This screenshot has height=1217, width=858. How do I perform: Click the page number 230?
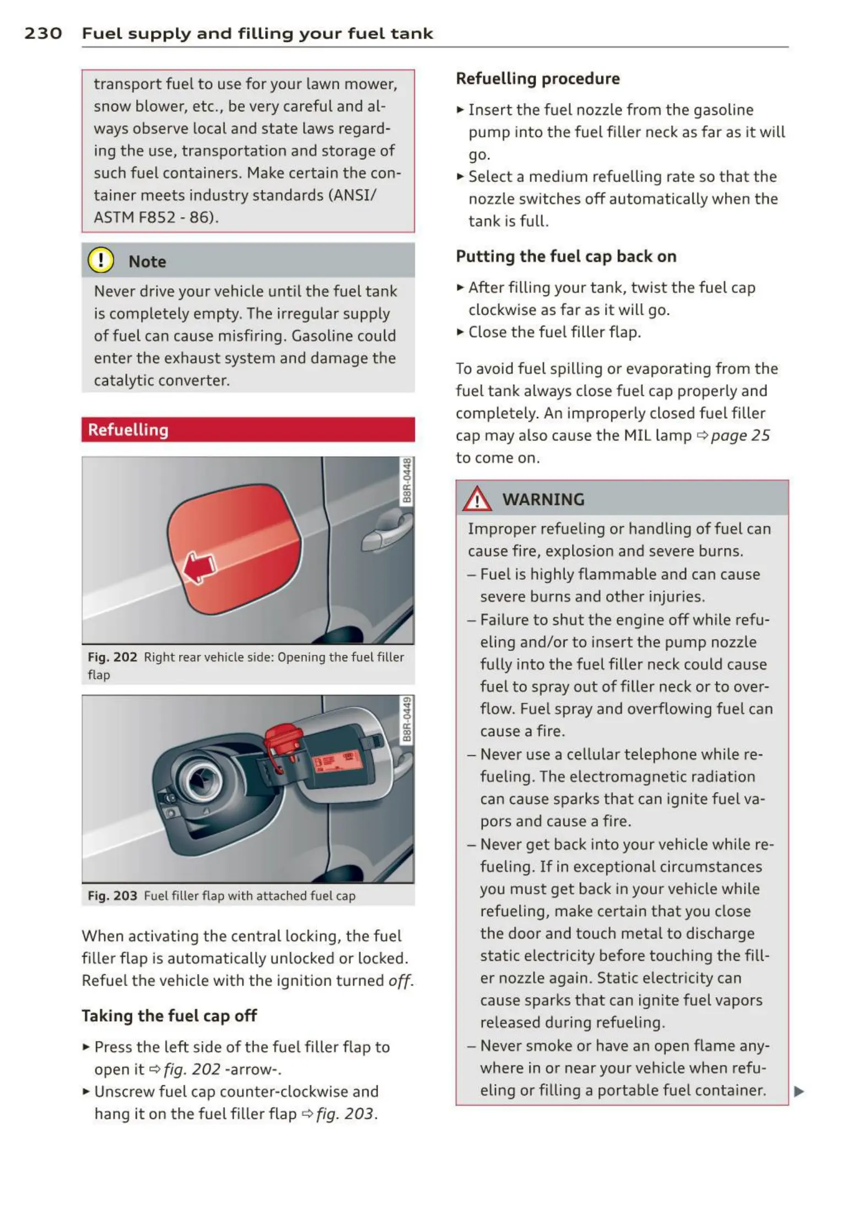(43, 34)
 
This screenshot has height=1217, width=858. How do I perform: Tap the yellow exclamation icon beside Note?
(101, 260)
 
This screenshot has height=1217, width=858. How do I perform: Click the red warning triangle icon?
(477, 499)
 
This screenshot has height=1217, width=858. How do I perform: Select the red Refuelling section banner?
(248, 429)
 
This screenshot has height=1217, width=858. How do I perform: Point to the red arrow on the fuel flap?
(198, 567)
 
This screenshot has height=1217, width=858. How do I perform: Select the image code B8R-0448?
(407, 481)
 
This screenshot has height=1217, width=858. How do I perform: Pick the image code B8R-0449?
(407, 719)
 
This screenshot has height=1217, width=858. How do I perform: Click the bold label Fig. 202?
(112, 657)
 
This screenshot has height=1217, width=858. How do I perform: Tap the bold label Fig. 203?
(112, 896)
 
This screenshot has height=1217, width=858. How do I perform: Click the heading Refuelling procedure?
(538, 79)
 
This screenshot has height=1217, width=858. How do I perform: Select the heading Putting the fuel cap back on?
(566, 256)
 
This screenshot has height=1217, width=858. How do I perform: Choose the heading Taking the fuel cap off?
(169, 1016)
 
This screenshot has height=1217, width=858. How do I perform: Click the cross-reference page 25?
(740, 435)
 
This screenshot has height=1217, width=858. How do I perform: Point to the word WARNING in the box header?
(543, 499)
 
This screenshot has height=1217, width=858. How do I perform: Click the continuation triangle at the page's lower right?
(799, 1091)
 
